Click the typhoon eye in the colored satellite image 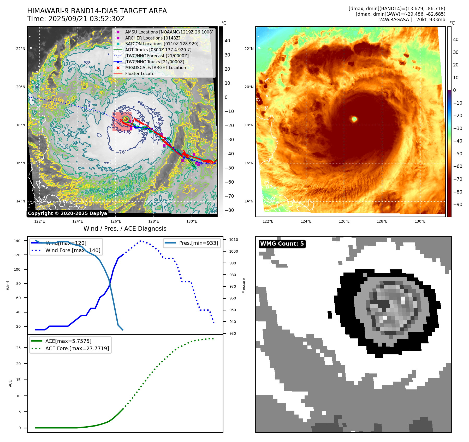pyautogui.click(x=354, y=119)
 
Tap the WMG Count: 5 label pyautogui.click(x=282, y=244)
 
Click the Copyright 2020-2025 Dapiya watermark pyautogui.click(x=67, y=213)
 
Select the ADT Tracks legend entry pyautogui.click(x=158, y=50)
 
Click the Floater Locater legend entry pyautogui.click(x=140, y=73)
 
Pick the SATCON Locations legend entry pyautogui.click(x=162, y=44)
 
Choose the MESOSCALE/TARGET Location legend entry pyautogui.click(x=156, y=67)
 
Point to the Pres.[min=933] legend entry pyautogui.click(x=198, y=243)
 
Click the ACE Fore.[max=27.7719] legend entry pyautogui.click(x=77, y=348)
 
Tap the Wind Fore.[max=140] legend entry pyautogui.click(x=73, y=250)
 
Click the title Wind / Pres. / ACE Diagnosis pyautogui.click(x=125, y=229)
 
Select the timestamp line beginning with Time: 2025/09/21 pyautogui.click(x=76, y=19)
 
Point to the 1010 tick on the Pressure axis pyautogui.click(x=234, y=240)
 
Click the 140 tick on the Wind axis pyautogui.click(x=17, y=241)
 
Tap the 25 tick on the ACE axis pyautogui.click(x=18, y=348)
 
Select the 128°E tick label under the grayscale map pyautogui.click(x=154, y=221)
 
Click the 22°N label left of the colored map pyautogui.click(x=249, y=49)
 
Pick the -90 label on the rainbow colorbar pyautogui.click(x=458, y=205)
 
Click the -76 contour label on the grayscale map pyautogui.click(x=120, y=152)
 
